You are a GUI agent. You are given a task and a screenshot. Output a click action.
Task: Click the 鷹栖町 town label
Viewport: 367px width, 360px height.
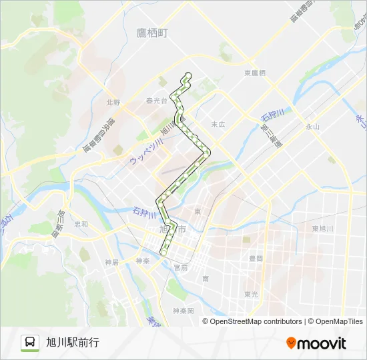[151, 33]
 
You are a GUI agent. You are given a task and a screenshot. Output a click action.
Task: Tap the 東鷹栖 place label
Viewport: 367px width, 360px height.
[255, 73]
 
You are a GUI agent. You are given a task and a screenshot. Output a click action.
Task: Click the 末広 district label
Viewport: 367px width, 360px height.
[218, 125]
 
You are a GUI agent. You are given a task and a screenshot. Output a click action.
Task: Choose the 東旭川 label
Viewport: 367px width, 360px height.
[322, 229]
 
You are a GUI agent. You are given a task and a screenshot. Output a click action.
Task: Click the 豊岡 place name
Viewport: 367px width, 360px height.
[256, 258]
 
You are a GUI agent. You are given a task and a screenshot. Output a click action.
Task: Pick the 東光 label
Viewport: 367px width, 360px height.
[251, 293]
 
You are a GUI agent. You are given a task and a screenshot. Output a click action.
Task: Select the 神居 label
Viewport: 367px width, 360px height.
[111, 262]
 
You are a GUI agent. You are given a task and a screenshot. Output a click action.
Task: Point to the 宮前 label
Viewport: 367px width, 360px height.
[180, 267]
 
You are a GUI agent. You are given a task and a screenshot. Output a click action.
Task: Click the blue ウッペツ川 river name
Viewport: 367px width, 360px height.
[145, 152]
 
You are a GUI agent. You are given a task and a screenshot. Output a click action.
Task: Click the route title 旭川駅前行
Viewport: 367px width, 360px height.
[73, 343]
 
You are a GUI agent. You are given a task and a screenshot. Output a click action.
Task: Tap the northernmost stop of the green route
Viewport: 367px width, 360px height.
[188, 75]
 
